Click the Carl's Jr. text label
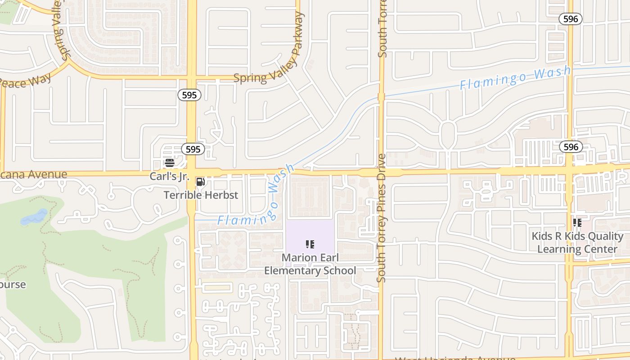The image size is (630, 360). (x=169, y=176)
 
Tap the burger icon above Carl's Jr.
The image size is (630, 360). (x=170, y=163)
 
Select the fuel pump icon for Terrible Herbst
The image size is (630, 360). (x=201, y=182)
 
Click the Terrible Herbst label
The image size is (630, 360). (x=201, y=195)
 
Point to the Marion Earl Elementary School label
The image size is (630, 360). (x=310, y=264)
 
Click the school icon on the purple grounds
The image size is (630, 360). (x=310, y=244)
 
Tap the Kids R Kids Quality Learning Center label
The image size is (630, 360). (x=577, y=243)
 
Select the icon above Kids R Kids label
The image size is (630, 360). (x=577, y=223)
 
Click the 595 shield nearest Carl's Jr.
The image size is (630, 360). (x=193, y=149)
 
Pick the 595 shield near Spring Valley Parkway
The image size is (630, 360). (x=189, y=95)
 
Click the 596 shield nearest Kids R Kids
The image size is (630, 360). (x=571, y=147)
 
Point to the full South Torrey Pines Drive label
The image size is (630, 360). (x=382, y=218)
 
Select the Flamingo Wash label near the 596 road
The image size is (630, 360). (x=515, y=77)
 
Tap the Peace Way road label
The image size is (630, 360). (x=25, y=81)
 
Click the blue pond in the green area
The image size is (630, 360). (x=34, y=217)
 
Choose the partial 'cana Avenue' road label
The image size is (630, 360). (x=34, y=175)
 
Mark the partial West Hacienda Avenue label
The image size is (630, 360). (x=454, y=358)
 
